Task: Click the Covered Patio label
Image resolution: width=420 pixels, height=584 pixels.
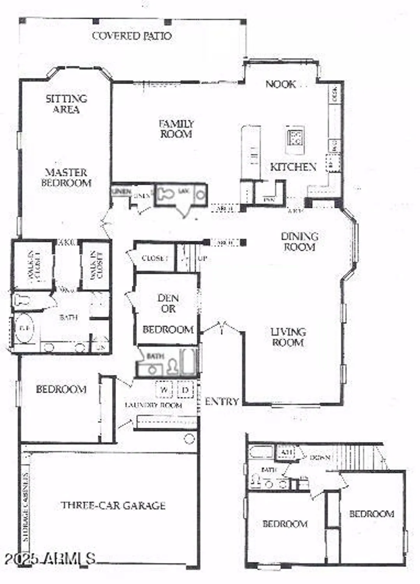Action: (132, 36)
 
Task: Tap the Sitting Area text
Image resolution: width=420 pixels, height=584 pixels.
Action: (66, 104)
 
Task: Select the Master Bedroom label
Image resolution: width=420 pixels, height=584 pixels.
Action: (66, 178)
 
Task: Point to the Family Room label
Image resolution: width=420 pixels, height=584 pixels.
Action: (176, 129)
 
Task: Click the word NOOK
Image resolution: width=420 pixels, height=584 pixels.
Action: (280, 84)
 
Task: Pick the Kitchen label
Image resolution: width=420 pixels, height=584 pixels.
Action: (293, 167)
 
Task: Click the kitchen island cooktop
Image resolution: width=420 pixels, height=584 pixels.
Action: (295, 137)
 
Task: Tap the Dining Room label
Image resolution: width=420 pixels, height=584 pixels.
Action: (299, 241)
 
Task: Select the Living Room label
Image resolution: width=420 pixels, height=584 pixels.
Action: (288, 337)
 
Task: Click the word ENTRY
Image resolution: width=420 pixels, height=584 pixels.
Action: (221, 401)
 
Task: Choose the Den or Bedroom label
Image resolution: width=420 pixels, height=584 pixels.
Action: (168, 314)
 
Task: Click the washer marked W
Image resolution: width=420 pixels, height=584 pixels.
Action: (164, 389)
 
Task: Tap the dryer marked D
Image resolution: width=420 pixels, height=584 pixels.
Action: (185, 389)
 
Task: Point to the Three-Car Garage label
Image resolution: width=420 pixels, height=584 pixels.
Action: (113, 505)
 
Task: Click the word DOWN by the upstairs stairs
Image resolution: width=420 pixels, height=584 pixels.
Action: (320, 458)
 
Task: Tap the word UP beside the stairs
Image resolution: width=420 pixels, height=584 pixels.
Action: (203, 258)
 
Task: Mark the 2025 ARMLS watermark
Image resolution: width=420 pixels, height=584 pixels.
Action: (50, 559)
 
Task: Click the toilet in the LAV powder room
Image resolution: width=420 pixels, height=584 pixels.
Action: (165, 193)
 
